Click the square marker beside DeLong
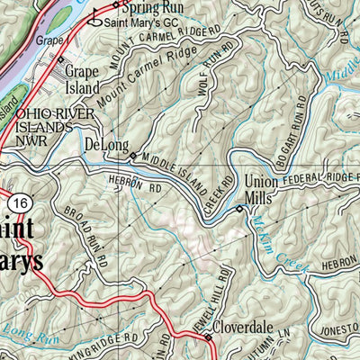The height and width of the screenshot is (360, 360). pos(133,156)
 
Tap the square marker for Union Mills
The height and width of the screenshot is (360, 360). pos(239,209)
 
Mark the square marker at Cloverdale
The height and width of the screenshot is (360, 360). pos(207,337)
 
